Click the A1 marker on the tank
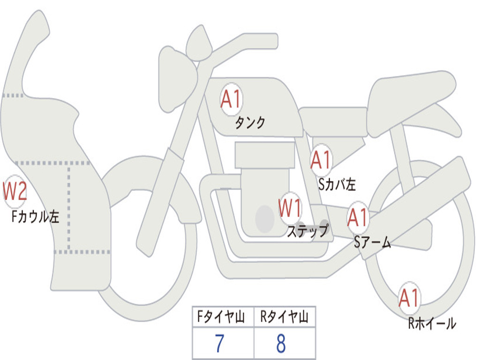(231, 100)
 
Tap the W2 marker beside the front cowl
(14, 191)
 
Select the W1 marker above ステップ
(290, 208)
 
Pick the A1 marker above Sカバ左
(321, 160)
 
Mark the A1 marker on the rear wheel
(409, 298)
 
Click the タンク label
(250, 123)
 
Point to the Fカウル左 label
(35, 217)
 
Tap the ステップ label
(307, 231)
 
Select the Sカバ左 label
(337, 184)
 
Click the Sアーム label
(372, 242)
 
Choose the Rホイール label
(432, 323)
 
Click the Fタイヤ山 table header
(223, 318)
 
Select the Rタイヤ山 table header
(285, 318)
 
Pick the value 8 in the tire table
(281, 344)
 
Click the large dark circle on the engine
(265, 218)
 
